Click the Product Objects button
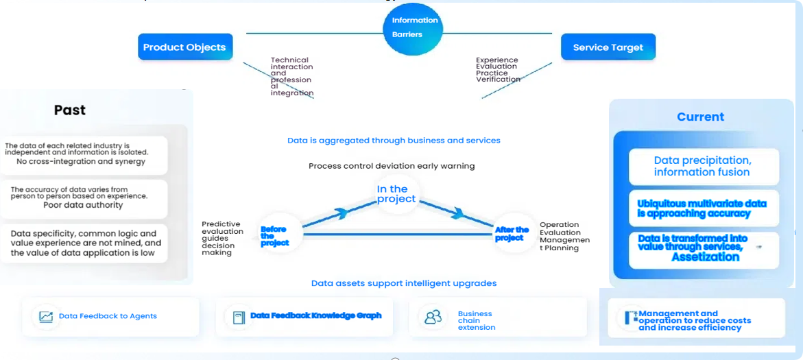(x=184, y=47)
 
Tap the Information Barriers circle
(x=413, y=28)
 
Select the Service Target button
(x=608, y=47)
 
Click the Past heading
(x=70, y=110)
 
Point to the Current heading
(x=700, y=117)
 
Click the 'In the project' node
(x=396, y=193)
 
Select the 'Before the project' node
(x=274, y=235)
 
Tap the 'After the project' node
(x=512, y=234)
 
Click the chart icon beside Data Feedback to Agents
(x=46, y=317)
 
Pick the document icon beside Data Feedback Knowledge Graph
(x=239, y=317)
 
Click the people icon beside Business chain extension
(x=433, y=317)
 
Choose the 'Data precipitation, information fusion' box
(x=703, y=166)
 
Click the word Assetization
(x=705, y=257)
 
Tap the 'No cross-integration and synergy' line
(x=82, y=162)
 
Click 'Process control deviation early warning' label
(x=392, y=166)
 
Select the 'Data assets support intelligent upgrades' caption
(x=404, y=283)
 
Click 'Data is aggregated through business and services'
(x=394, y=141)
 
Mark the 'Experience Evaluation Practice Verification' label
(x=497, y=70)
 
